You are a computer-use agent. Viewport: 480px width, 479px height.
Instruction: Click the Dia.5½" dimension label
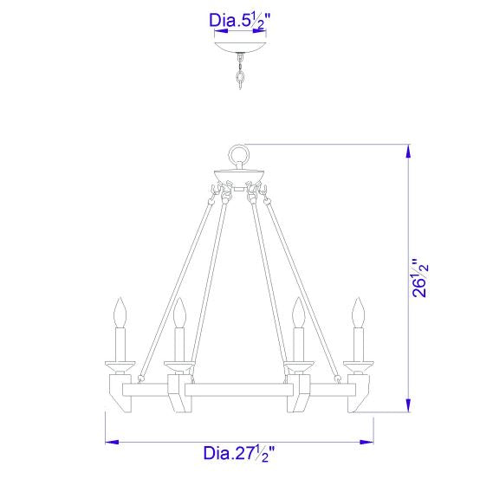[x=240, y=18]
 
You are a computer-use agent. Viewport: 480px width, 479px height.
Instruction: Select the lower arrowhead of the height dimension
[x=408, y=408]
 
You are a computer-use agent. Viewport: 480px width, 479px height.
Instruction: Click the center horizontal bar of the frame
[x=239, y=392]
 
